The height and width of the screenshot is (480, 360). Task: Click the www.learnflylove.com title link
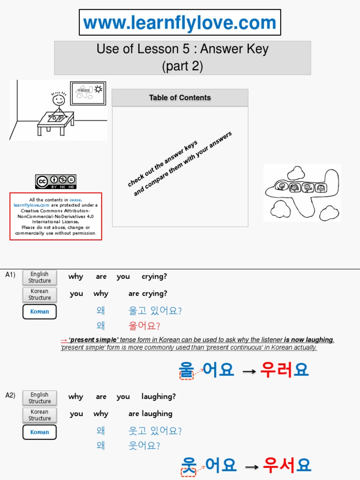point(180,23)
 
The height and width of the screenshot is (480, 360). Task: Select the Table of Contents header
point(180,97)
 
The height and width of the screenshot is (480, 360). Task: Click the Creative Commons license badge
point(55,181)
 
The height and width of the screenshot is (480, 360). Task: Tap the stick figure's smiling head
point(59,100)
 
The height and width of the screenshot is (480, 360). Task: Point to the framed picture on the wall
point(88,93)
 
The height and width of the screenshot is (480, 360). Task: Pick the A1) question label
point(10,275)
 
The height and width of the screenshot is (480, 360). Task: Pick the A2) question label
point(10,395)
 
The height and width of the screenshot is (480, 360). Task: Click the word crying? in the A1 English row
point(154,277)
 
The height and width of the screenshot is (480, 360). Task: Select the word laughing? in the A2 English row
point(158,397)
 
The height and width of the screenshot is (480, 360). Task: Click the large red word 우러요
point(285,370)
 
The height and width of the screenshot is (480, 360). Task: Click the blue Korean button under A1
point(39,312)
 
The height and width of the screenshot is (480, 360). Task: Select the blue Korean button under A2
point(39,432)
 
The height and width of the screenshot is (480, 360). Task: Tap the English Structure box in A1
point(39,277)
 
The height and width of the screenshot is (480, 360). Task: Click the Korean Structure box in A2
point(39,415)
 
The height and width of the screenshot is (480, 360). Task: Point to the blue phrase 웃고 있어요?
point(155,431)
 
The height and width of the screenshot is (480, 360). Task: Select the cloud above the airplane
point(296,173)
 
